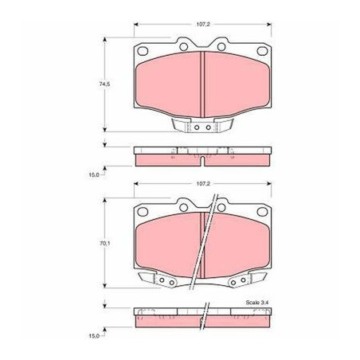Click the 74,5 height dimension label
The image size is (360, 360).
pos(104,84)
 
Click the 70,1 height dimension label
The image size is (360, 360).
pos(104,243)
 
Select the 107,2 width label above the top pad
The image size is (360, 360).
pos(203,24)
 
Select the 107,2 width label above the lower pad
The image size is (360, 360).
pos(203,183)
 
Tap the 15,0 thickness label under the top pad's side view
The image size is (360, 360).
pos(94,175)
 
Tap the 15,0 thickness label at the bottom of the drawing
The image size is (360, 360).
pos(94,336)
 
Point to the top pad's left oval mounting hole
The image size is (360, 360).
pos(143,51)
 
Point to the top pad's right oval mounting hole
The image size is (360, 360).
pos(262,51)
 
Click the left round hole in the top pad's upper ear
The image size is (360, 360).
pos(183,47)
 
